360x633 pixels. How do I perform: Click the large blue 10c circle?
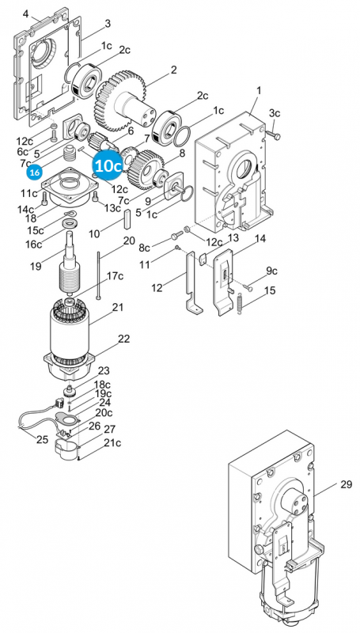point(108,166)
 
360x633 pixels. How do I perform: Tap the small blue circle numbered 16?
point(35,172)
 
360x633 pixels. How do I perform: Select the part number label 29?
point(346,484)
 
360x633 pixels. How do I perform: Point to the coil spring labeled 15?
point(241,303)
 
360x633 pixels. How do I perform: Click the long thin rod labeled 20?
point(98,275)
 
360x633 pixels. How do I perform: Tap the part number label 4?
point(26,14)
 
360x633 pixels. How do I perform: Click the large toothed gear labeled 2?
point(121,102)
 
